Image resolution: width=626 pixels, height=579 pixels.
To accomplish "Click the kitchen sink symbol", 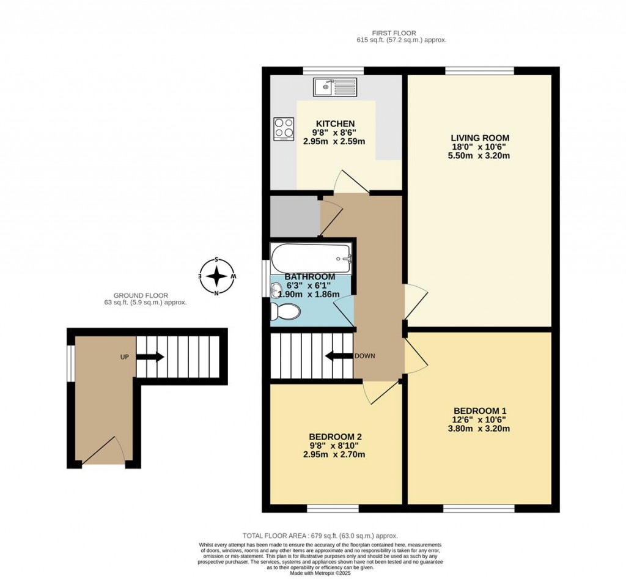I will click(334, 87).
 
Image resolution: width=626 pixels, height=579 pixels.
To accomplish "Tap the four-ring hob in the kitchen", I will click(283, 128).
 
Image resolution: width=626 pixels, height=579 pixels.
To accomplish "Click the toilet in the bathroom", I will click(285, 312).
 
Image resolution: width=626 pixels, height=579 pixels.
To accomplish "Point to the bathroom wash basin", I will click(274, 293).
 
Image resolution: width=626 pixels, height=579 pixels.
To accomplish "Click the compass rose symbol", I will click(216, 276).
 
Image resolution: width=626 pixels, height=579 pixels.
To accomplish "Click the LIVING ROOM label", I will click(480, 138).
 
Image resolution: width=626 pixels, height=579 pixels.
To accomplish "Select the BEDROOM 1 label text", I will click(480, 410).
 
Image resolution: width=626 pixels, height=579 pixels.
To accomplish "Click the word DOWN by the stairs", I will click(364, 356).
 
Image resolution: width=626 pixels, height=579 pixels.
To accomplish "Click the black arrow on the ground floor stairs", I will click(153, 356).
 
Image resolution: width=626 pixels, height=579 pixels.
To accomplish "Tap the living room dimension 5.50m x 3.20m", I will click(480, 156).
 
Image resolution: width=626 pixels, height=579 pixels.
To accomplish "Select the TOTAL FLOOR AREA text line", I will click(328, 534).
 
